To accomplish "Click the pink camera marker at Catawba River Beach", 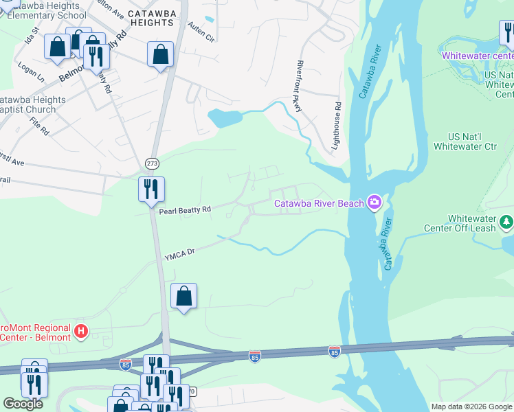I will click(375, 202).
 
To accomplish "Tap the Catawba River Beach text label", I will click(319, 203).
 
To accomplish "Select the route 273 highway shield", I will click(152, 163).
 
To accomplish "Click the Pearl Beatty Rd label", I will click(185, 211).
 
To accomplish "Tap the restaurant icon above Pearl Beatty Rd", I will click(151, 189).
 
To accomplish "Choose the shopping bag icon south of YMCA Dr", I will click(183, 296).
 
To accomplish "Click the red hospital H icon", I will click(81, 332).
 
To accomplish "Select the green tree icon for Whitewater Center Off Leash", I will click(506, 222).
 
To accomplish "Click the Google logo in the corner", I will click(23, 404).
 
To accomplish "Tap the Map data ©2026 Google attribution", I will click(471, 407).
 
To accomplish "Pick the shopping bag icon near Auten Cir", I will click(160, 54).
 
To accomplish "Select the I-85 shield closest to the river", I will click(334, 352).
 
